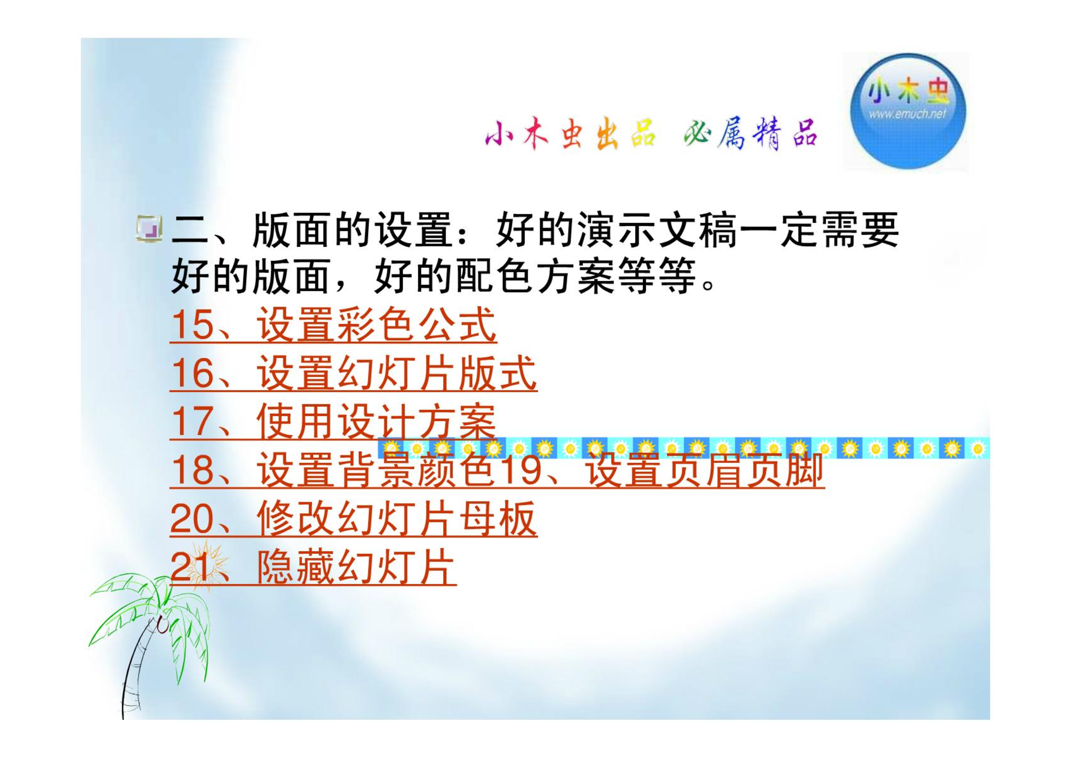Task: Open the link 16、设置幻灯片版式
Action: pyautogui.click(x=354, y=374)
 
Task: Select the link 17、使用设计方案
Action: pyautogui.click(x=333, y=422)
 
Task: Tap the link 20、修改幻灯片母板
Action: pyautogui.click(x=354, y=519)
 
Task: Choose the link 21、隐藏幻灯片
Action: pyautogui.click(x=313, y=568)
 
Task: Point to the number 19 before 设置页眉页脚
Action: pyautogui.click(x=521, y=470)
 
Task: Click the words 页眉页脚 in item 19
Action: pyautogui.click(x=744, y=470)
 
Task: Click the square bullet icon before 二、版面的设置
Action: pyautogui.click(x=149, y=229)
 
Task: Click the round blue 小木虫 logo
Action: pyautogui.click(x=908, y=111)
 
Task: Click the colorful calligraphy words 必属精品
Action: pyautogui.click(x=750, y=134)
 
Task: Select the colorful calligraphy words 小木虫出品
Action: pyautogui.click(x=570, y=134)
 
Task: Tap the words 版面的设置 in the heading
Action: pyautogui.click(x=352, y=231)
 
